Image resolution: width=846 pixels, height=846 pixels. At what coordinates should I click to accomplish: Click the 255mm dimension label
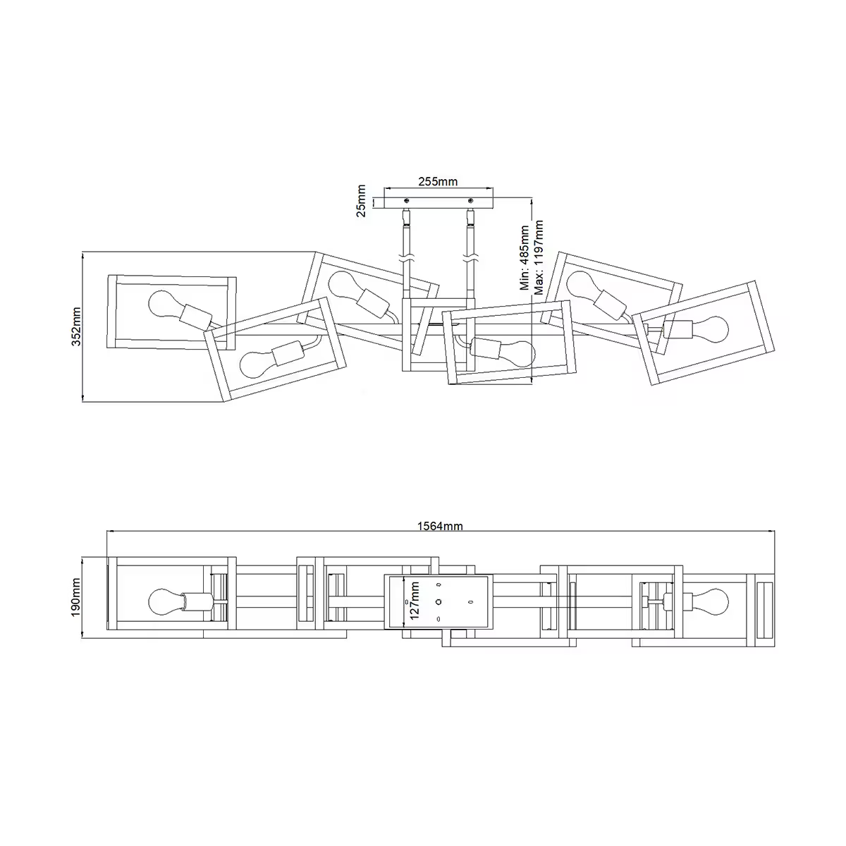438,181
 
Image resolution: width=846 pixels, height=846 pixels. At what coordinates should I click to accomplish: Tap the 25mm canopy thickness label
361,201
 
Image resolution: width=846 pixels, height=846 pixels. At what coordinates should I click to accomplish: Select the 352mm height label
76,326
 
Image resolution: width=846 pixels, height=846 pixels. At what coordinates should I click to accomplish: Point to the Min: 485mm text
525,258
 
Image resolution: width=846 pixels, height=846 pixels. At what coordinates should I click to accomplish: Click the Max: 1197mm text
539,257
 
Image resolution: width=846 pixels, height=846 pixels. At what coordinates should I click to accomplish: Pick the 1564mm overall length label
440,525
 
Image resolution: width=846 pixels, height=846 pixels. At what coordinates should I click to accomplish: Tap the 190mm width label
76,597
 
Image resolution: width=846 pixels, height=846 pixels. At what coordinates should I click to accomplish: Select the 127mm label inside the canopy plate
415,601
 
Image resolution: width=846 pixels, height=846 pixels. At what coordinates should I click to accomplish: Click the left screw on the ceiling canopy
407,201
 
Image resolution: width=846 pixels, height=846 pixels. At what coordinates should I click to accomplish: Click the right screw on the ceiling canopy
471,201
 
